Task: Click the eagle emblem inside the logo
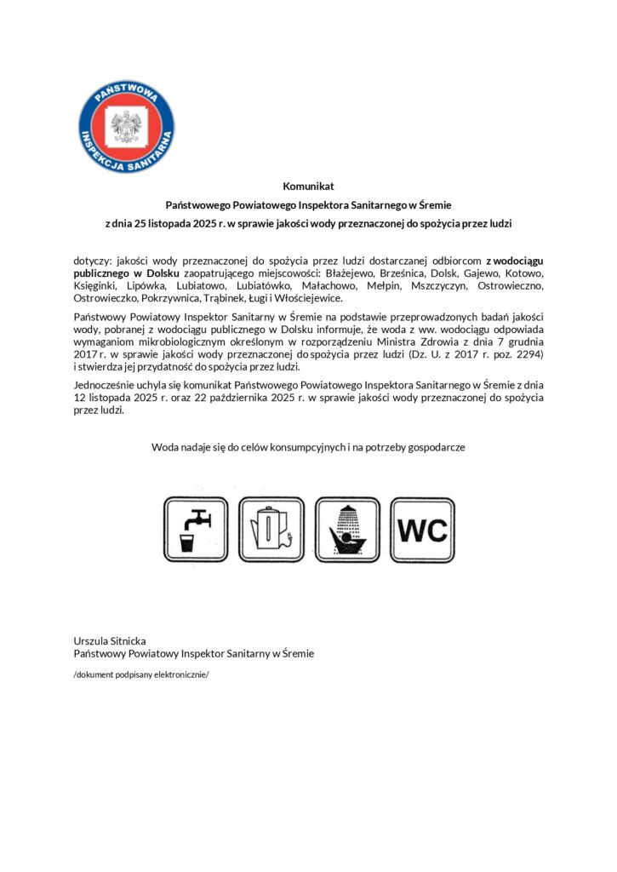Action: (127, 127)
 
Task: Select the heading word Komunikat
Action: (308, 186)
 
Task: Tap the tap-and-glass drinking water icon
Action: (197, 530)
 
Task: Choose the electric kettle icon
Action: (271, 530)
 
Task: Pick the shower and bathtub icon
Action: (346, 530)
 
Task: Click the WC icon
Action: (422, 530)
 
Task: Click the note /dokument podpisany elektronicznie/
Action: (141, 674)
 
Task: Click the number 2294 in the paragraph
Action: (526, 353)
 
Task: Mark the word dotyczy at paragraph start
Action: (91, 259)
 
